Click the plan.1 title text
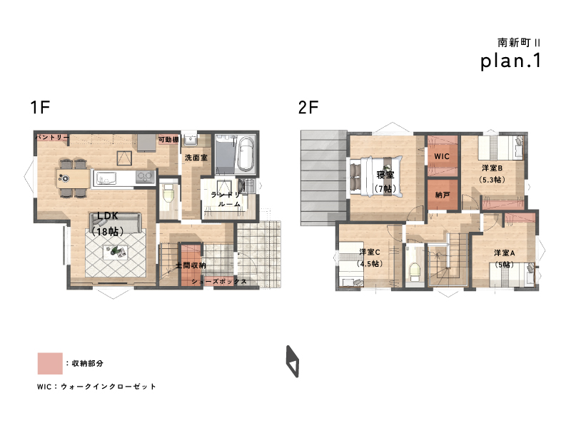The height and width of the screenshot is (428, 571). [510, 61]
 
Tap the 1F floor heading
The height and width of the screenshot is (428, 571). [40, 108]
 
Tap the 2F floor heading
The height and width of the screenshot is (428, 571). [308, 108]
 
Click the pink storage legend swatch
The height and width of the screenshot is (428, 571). [50, 363]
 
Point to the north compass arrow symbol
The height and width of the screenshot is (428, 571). [292, 362]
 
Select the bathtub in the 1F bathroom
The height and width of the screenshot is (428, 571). [246, 154]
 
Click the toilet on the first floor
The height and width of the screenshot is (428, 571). [168, 193]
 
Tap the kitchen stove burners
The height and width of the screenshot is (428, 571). [145, 177]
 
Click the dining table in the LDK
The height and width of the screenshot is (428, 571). [74, 178]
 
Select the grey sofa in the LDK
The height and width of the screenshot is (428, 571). [116, 222]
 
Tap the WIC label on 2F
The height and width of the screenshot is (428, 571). [442, 156]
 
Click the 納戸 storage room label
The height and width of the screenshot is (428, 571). [443, 195]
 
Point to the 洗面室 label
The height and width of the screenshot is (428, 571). [196, 158]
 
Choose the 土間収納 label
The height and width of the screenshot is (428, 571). [191, 265]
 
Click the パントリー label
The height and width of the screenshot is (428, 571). [51, 137]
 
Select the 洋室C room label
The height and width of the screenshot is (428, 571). [370, 252]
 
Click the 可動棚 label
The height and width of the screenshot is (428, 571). [168, 139]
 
